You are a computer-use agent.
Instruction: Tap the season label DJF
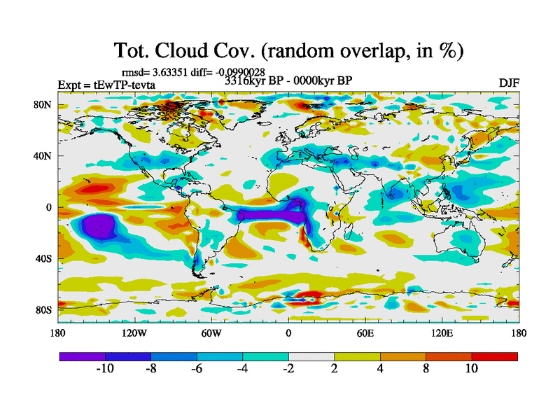(509, 83)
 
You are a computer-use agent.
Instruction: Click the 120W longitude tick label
(135, 333)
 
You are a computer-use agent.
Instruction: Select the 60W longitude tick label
(211, 333)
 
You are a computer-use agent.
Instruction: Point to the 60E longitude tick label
(365, 333)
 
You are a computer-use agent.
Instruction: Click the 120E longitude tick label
(442, 333)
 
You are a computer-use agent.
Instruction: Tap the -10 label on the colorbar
(104, 369)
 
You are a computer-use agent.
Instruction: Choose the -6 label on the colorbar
(196, 369)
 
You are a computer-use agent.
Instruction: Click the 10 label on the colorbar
(472, 369)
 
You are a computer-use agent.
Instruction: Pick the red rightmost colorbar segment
(495, 356)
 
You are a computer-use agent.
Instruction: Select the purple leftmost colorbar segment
(82, 356)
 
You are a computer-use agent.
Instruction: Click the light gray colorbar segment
(311, 356)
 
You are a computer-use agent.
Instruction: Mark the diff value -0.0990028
(239, 71)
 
